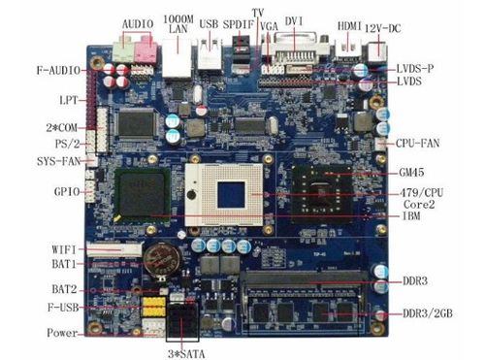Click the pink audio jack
pyautogui.click(x=145, y=49)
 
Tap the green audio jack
pyautogui.click(x=123, y=49)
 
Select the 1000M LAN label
pyautogui.click(x=178, y=23)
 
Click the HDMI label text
pyautogui.click(x=349, y=26)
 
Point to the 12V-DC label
pyautogui.click(x=383, y=28)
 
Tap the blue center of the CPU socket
pyautogui.click(x=231, y=195)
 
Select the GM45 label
pyautogui.click(x=411, y=172)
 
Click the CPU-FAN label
pyautogui.click(x=417, y=143)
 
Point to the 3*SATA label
pyautogui.click(x=186, y=354)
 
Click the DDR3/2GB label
pyautogui.click(x=428, y=313)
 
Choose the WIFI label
pyautogui.click(x=64, y=249)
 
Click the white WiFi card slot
pyautogui.click(x=114, y=249)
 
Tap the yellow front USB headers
pyautogui.click(x=153, y=307)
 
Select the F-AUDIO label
pyautogui.click(x=58, y=70)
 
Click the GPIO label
pyautogui.click(x=67, y=192)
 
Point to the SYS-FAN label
pyautogui.click(x=58, y=161)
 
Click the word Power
pyautogui.click(x=62, y=333)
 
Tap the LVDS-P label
pyautogui.click(x=415, y=69)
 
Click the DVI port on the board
pyautogui.click(x=295, y=48)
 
